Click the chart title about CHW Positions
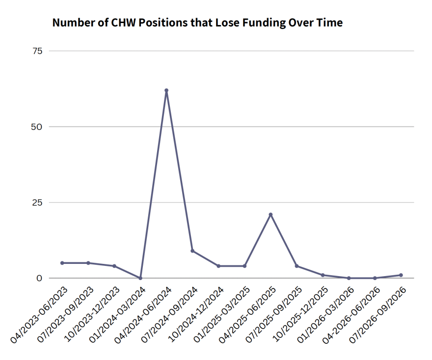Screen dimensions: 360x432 coord(197,23)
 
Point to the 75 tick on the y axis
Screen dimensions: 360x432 coord(37,51)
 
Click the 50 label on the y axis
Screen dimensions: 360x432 coord(37,127)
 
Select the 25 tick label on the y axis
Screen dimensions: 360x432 coord(37,203)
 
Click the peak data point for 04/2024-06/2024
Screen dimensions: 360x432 coord(166,90)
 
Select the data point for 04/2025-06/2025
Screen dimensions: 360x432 coord(270,214)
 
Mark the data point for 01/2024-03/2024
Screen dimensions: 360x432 coord(140,278)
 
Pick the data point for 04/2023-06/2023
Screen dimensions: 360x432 coord(62,263)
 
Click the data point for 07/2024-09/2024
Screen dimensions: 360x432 coord(192,251)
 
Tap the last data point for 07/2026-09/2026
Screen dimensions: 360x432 coord(401,275)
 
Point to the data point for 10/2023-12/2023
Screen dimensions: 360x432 coord(114,266)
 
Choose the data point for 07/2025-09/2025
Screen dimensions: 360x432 coord(297,266)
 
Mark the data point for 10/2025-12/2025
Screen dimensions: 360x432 coord(323,275)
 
